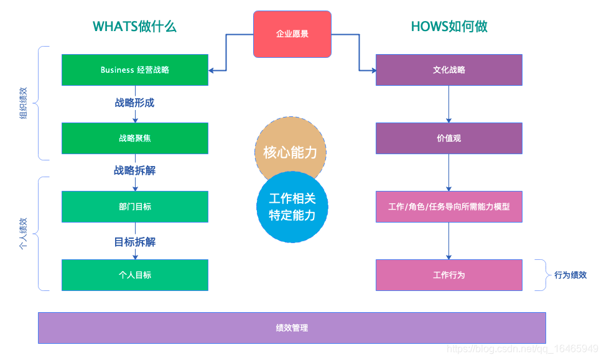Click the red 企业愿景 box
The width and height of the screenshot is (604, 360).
coord(292,34)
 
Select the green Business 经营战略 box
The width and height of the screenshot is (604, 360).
coord(134,70)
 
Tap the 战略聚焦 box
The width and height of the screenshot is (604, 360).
coord(134,138)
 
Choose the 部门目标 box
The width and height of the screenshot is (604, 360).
coord(134,206)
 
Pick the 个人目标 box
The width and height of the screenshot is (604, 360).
coord(134,275)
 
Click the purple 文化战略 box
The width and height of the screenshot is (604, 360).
coord(448,70)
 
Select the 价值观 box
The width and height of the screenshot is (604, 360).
coord(448,138)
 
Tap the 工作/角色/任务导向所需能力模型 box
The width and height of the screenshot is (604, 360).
coord(448,206)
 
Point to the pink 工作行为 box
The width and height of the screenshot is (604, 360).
coord(448,275)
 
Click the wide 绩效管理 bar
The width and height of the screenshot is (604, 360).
coord(292,328)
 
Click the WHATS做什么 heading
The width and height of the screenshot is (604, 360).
coord(134,26)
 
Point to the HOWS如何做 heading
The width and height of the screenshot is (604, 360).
coord(448,26)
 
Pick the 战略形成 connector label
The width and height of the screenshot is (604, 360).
coord(134,103)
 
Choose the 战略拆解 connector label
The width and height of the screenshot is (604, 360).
coord(134,170)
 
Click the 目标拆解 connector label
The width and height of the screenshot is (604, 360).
coord(134,242)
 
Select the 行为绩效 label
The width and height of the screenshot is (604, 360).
coord(570,275)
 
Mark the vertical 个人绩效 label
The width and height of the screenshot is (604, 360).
coord(23,234)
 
